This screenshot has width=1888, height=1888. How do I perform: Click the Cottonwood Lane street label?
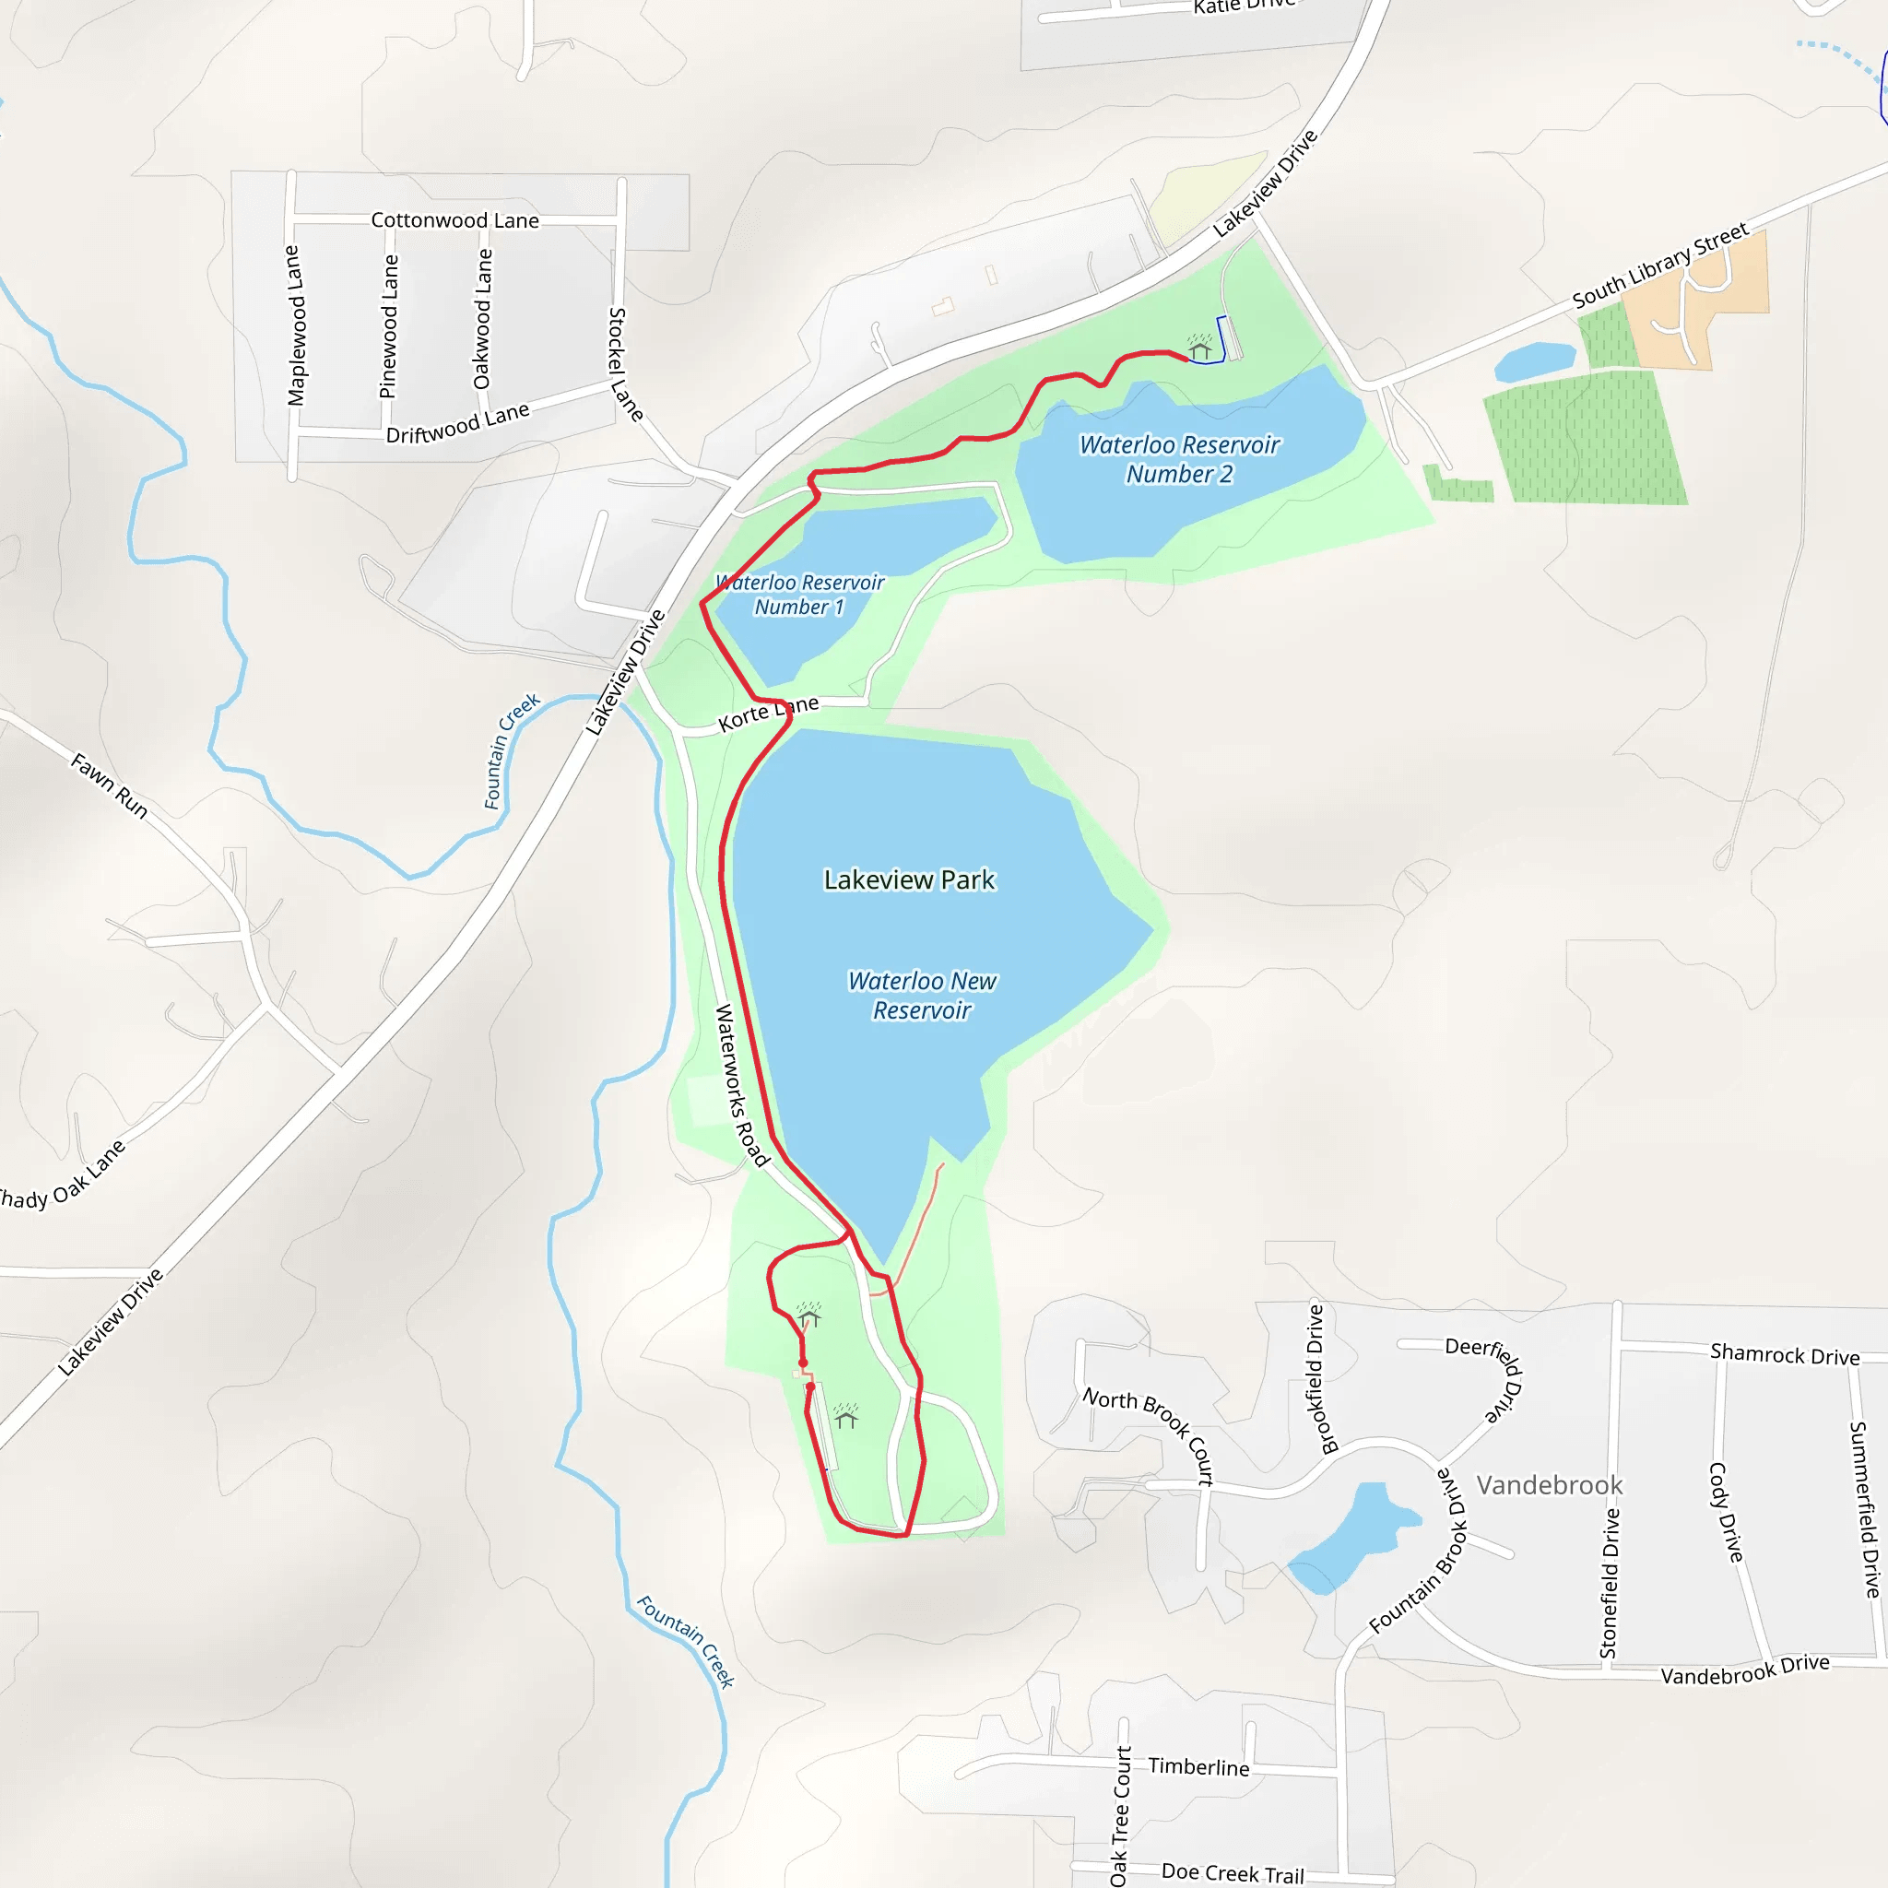(x=454, y=220)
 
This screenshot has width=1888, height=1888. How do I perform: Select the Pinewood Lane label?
(x=389, y=326)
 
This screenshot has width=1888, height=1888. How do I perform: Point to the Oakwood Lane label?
(x=483, y=319)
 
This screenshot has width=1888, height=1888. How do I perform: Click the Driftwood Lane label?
(x=457, y=423)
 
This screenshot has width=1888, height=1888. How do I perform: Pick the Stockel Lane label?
(x=624, y=364)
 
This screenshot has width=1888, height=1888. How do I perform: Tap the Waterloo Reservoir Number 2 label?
(x=1178, y=459)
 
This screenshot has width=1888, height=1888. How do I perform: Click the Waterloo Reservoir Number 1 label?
(x=799, y=595)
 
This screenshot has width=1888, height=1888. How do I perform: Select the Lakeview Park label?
(x=909, y=879)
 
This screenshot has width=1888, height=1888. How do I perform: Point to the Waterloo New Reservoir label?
(x=922, y=995)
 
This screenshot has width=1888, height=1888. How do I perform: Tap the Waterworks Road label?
(x=742, y=1085)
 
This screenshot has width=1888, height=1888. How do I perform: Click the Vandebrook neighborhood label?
(x=1549, y=1485)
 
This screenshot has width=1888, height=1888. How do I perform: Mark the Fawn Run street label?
(x=110, y=785)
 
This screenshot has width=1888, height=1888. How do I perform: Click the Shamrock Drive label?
(x=1785, y=1354)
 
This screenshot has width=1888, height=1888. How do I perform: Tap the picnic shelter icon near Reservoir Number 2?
(x=1199, y=348)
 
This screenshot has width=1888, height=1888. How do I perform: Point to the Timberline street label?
(x=1198, y=1767)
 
